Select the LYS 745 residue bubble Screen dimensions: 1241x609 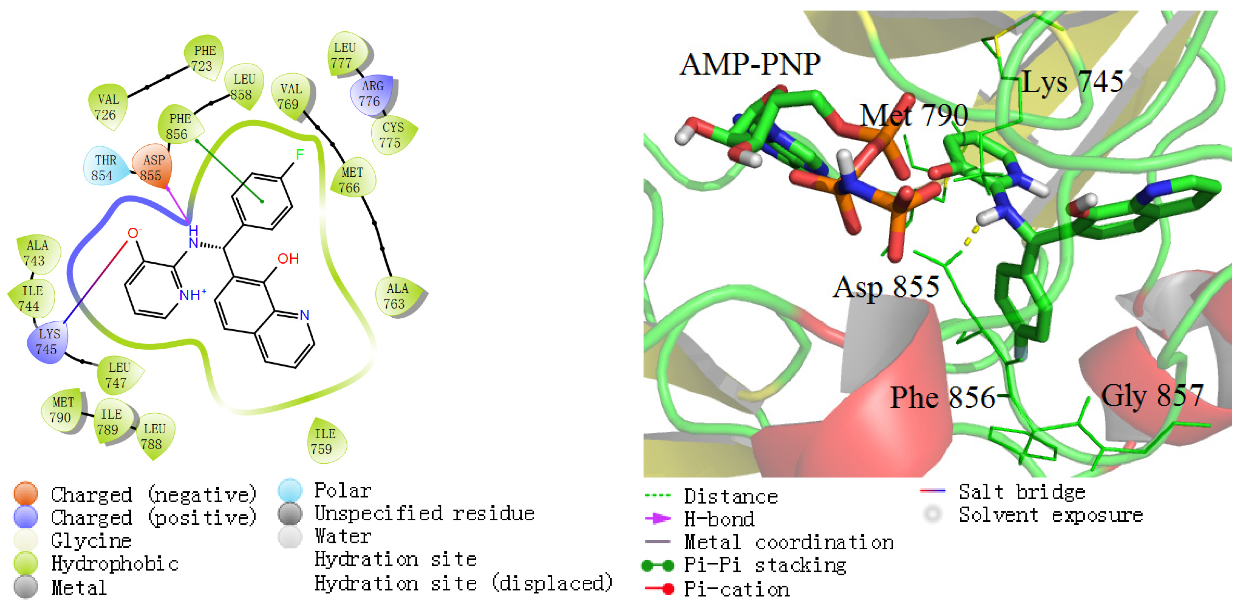click(48, 341)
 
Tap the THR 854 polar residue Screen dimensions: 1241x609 click(104, 167)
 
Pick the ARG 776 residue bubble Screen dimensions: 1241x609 click(371, 94)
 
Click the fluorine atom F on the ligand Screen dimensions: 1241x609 click(300, 155)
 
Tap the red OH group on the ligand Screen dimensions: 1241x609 click(288, 259)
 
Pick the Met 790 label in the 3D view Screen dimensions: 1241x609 click(914, 116)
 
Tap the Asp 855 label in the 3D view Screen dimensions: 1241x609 click(886, 287)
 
